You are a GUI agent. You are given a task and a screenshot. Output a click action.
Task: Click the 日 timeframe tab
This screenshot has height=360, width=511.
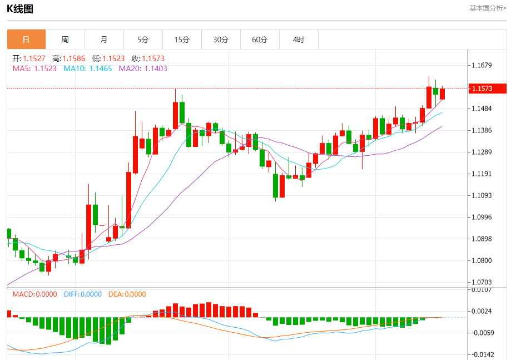pyautogui.click(x=26, y=40)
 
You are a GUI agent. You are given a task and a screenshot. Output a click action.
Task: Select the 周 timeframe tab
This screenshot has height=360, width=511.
pyautogui.click(x=65, y=40)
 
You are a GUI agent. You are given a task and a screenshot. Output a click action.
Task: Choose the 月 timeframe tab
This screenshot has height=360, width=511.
pyautogui.click(x=104, y=40)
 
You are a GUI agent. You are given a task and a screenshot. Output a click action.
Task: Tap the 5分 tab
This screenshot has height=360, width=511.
pyautogui.click(x=143, y=40)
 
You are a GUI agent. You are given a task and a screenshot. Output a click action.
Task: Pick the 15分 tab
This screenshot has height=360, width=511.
pyautogui.click(x=182, y=40)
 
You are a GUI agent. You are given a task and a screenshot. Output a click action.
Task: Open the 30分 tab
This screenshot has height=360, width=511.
pyautogui.click(x=221, y=40)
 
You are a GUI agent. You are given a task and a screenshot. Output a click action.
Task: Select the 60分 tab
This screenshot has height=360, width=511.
pyautogui.click(x=260, y=40)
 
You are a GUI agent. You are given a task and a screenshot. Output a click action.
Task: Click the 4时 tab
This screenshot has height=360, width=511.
pyautogui.click(x=299, y=40)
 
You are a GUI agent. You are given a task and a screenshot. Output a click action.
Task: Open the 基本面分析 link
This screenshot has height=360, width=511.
pyautogui.click(x=488, y=8)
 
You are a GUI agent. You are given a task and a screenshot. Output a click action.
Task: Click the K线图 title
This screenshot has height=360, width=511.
pyautogui.click(x=20, y=8)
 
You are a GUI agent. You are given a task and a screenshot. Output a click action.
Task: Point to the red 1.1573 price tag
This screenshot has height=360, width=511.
pyautogui.click(x=488, y=88)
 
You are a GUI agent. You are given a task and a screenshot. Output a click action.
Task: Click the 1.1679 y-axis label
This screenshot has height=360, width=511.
pyautogui.click(x=481, y=66)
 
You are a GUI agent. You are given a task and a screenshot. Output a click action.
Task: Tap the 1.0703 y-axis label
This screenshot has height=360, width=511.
pyautogui.click(x=481, y=283)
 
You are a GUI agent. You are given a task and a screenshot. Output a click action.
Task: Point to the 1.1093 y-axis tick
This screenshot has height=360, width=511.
pyautogui.click(x=481, y=195)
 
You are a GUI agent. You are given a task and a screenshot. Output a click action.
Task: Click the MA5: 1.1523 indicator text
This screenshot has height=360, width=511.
pyautogui.click(x=34, y=68)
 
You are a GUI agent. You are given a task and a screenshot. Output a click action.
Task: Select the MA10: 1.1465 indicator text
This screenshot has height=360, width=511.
pyautogui.click(x=87, y=68)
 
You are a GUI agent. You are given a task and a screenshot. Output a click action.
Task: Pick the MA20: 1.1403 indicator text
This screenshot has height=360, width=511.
pyautogui.click(x=143, y=68)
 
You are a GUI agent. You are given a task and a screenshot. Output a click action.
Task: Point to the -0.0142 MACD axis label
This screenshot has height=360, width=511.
pyautogui.click(x=481, y=354)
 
